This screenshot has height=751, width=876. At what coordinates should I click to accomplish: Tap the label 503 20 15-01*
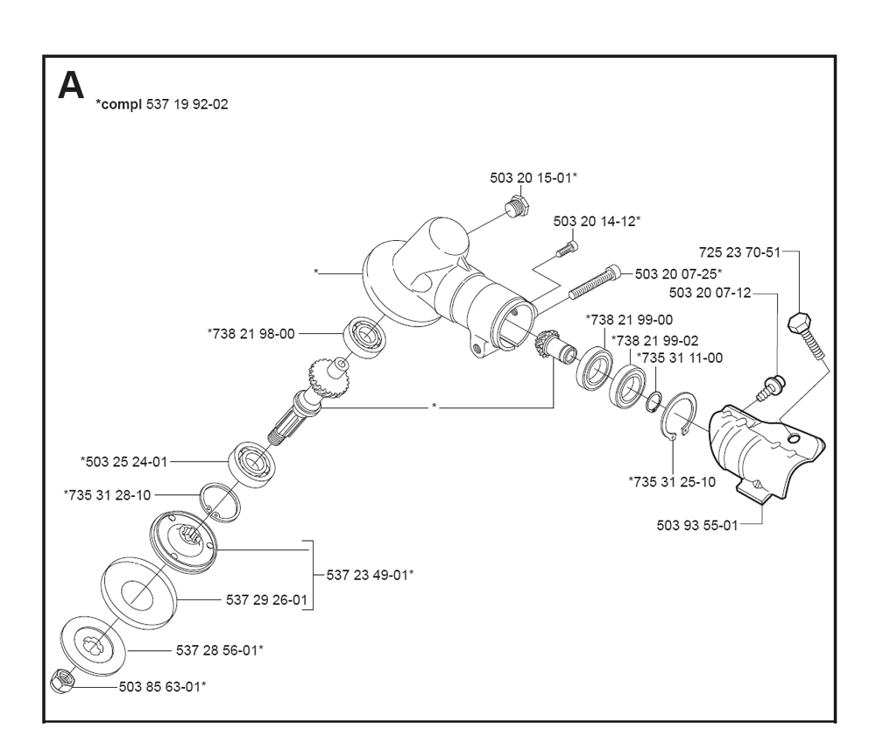pyautogui.click(x=533, y=178)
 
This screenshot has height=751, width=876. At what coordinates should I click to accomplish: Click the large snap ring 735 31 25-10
pyautogui.click(x=679, y=418)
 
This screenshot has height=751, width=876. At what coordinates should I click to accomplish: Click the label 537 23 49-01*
pyautogui.click(x=370, y=575)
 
